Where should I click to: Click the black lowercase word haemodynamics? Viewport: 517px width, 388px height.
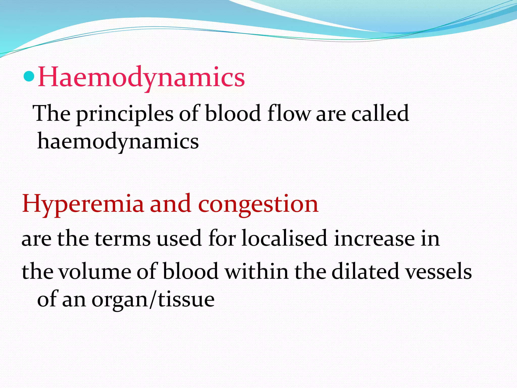[118, 142]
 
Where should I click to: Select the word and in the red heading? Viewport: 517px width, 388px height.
[170, 204]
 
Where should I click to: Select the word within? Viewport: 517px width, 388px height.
[256, 271]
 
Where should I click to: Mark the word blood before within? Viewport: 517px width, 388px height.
[191, 271]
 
